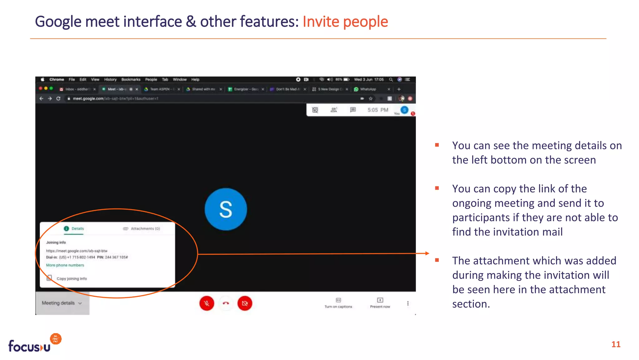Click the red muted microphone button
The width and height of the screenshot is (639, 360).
207,303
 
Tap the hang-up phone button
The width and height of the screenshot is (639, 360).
226,303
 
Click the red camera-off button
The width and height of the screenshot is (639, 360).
245,303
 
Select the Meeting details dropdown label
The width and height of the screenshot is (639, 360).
58,303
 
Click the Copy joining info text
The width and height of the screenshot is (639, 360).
72,278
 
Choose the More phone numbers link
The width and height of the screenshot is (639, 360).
65,265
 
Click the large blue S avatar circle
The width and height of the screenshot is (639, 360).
226,209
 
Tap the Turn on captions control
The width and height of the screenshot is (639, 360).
339,303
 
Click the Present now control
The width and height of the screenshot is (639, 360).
380,303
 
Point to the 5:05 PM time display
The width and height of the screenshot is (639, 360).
378,110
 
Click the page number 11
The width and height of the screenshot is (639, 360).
616,344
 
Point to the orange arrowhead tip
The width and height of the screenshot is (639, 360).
428,253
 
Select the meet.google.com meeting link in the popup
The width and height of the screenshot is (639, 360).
77,251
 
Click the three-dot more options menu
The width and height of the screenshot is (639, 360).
408,303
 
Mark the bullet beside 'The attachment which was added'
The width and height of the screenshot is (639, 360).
437,260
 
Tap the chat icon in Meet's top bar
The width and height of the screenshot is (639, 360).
353,110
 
